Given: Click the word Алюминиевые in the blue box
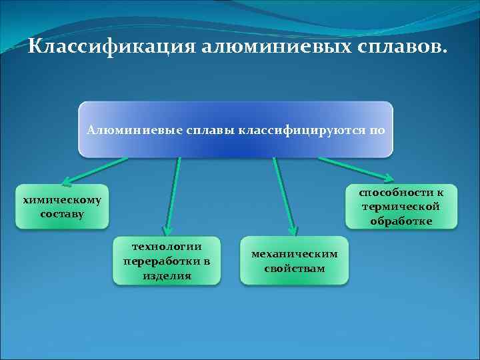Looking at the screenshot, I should point(125,129).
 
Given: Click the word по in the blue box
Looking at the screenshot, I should point(377,129).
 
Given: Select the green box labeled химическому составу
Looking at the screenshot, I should point(61,206).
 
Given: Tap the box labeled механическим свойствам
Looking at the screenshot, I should point(294,261).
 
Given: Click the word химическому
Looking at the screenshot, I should point(61,199).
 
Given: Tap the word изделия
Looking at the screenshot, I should point(167,275).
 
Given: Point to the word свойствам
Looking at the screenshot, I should point(294,268).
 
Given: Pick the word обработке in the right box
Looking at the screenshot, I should point(406,221).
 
